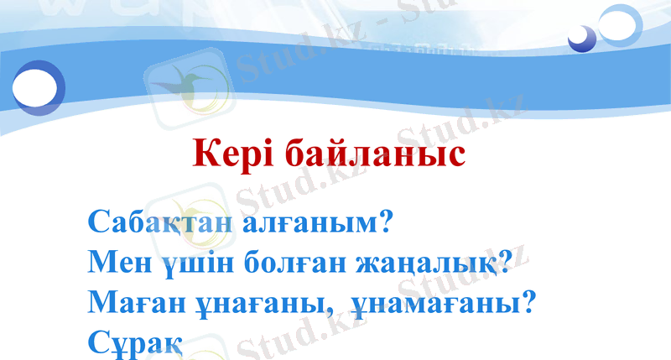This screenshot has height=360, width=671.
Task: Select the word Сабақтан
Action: tap(159, 224)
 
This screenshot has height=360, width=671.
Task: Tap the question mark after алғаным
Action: tap(386, 224)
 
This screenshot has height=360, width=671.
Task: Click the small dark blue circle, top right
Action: tap(580, 38)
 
